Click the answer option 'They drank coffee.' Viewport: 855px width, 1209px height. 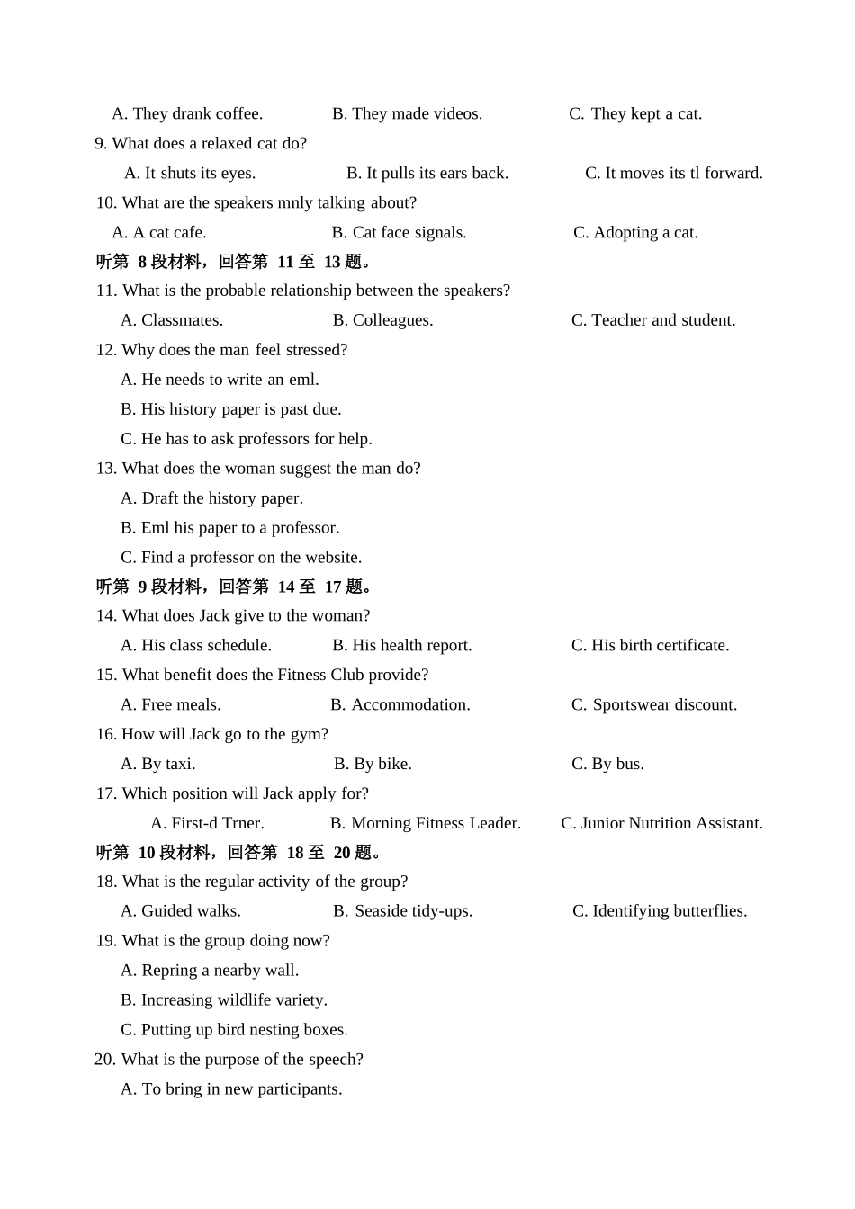coord(187,113)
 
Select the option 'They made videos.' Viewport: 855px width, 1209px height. coord(407,113)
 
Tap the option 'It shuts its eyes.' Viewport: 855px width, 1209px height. coord(190,173)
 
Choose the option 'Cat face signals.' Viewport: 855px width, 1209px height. coord(399,232)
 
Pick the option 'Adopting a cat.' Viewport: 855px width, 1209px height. coord(635,232)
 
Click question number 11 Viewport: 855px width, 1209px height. coord(105,291)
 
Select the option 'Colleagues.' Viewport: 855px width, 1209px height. coord(382,320)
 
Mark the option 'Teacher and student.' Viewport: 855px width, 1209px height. coord(653,320)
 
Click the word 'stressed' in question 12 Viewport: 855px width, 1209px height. coord(316,350)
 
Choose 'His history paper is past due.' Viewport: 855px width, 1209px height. coord(231,409)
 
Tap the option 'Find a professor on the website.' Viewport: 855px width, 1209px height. coord(241,558)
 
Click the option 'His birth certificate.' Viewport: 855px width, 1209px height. coord(650,645)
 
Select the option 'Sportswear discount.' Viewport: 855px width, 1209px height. coord(654,704)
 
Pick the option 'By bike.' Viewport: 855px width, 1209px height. coord(373,764)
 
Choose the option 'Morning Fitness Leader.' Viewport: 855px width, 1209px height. coord(426,823)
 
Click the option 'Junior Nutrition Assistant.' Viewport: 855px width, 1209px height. coord(661,823)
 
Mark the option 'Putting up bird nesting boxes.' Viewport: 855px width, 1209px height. coord(234,1029)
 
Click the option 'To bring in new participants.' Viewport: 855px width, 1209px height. coord(231,1088)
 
